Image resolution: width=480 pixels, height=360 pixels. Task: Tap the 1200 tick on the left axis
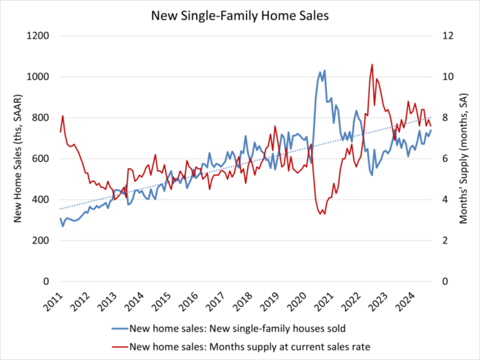(39, 36)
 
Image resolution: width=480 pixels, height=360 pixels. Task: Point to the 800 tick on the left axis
(42, 118)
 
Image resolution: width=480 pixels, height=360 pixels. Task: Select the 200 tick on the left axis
(42, 241)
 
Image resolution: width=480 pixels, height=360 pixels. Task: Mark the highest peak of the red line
(372, 65)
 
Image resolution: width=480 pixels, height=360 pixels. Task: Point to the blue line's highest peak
(324, 70)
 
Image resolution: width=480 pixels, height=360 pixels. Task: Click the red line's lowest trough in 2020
(321, 214)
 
